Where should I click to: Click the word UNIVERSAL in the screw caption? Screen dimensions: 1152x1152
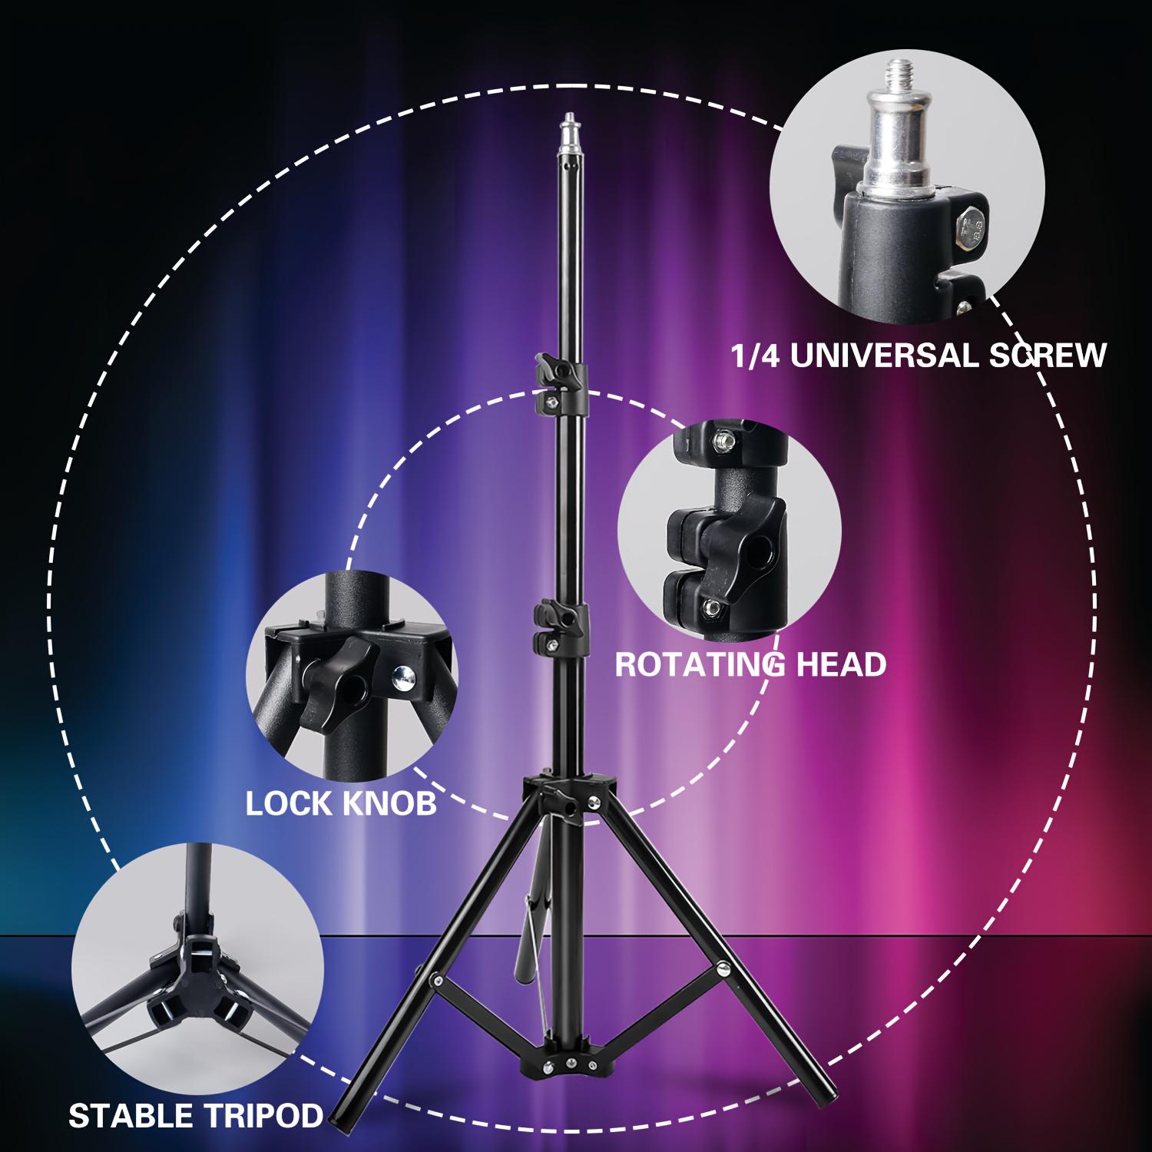coord(876,356)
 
